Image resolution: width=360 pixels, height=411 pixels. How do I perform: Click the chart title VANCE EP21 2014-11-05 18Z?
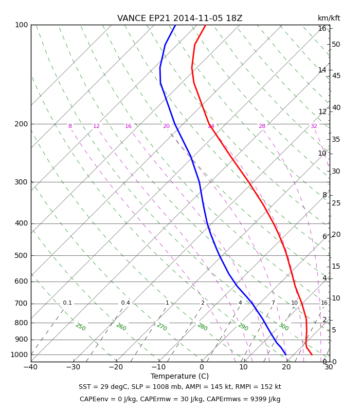pyautogui.click(x=179, y=18)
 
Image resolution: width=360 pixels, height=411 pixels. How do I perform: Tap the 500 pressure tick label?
pyautogui.click(x=21, y=255)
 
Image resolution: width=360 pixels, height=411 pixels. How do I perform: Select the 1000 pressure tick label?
pyautogui.click(x=19, y=354)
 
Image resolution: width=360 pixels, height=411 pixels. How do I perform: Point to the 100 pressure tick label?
pyautogui.click(x=22, y=25)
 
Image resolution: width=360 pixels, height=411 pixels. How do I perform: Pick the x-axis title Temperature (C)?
pyautogui.click(x=179, y=376)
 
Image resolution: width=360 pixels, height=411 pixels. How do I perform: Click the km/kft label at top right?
pyautogui.click(x=329, y=18)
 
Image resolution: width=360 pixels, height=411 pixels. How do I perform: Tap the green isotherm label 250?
pyautogui.click(x=81, y=327)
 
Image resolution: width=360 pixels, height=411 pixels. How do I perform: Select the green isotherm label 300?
pyautogui.click(x=284, y=327)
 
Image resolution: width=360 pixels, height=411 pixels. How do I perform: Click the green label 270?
pyautogui.click(x=162, y=327)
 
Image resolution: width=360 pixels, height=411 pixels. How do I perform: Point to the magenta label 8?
pyautogui.click(x=70, y=126)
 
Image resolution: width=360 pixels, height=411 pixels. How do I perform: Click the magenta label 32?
pyautogui.click(x=314, y=126)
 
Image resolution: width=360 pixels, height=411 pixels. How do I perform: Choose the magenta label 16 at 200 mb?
pyautogui.click(x=128, y=126)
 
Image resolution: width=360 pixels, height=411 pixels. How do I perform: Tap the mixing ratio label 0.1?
pyautogui.click(x=67, y=303)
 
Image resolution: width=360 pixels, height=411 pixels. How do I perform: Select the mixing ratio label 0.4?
pyautogui.click(x=125, y=303)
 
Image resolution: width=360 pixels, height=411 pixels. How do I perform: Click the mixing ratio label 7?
pyautogui.click(x=273, y=303)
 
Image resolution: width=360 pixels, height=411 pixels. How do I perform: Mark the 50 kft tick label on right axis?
pyautogui.click(x=336, y=44)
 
